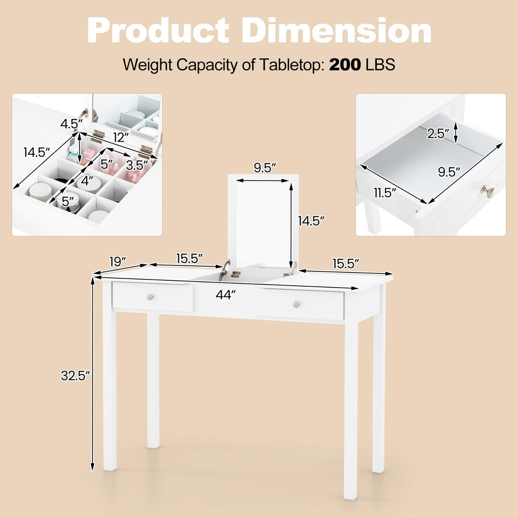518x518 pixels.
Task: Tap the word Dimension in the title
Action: [x=337, y=31]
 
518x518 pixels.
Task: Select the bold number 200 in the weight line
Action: [x=345, y=65]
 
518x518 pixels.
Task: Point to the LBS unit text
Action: [x=381, y=65]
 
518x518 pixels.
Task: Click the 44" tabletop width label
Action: [x=226, y=294]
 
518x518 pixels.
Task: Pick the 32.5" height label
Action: [x=76, y=375]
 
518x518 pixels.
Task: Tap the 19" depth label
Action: [x=118, y=262]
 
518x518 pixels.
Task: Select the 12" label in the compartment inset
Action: [x=121, y=137]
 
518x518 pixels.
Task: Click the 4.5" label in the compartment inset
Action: [x=71, y=124]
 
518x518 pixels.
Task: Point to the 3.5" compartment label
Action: [x=137, y=164]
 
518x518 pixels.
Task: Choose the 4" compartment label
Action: [x=87, y=181]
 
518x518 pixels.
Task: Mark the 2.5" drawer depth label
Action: [x=439, y=134]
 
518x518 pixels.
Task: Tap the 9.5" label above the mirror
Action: [x=263, y=168]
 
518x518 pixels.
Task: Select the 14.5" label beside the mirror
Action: [x=311, y=221]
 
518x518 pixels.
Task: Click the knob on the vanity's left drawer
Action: [x=150, y=297]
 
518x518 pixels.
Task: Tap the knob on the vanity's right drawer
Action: [x=297, y=304]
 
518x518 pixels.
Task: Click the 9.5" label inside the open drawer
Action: [x=449, y=172]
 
